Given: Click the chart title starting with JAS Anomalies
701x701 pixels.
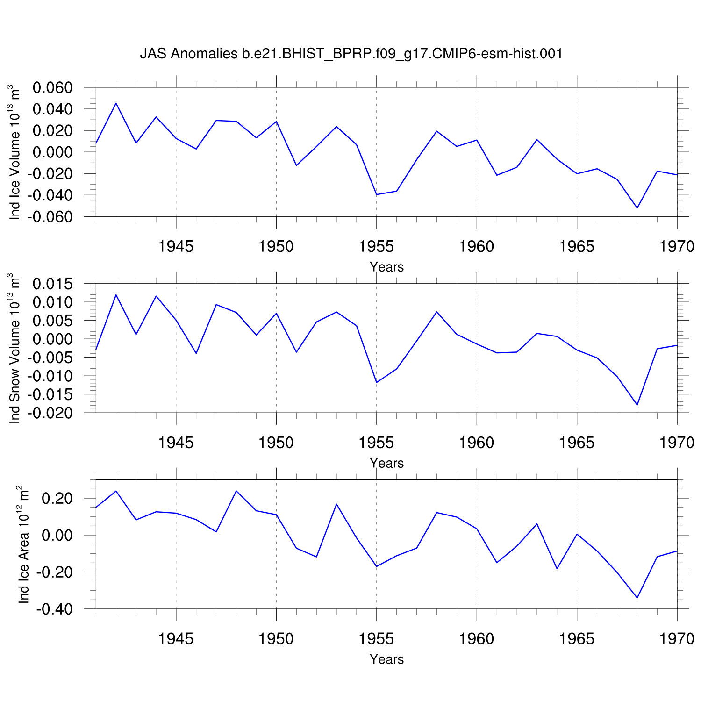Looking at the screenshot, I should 351,54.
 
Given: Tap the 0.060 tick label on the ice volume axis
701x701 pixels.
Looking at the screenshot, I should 52,88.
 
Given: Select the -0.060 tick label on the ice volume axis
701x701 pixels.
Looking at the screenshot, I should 50,217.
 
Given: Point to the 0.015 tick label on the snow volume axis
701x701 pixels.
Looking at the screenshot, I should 52,284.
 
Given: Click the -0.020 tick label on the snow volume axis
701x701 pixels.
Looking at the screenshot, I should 50,413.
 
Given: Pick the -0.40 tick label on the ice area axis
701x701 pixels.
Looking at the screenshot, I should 57,609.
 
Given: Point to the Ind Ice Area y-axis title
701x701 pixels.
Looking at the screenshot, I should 23,544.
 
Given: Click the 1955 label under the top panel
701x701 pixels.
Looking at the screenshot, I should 376,246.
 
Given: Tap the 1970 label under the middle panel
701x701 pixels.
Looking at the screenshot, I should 677,443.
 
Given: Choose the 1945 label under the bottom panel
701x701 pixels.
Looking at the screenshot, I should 176,639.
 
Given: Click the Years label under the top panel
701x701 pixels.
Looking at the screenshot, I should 386,267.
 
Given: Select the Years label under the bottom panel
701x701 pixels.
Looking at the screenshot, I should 386,659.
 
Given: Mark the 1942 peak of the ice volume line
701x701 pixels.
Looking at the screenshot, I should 116,103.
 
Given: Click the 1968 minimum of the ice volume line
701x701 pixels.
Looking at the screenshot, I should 637,208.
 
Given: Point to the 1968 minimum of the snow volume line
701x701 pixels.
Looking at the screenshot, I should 637,405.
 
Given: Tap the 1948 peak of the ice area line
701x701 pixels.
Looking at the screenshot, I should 236,491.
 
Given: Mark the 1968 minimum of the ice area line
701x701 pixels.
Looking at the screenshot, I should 637,598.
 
